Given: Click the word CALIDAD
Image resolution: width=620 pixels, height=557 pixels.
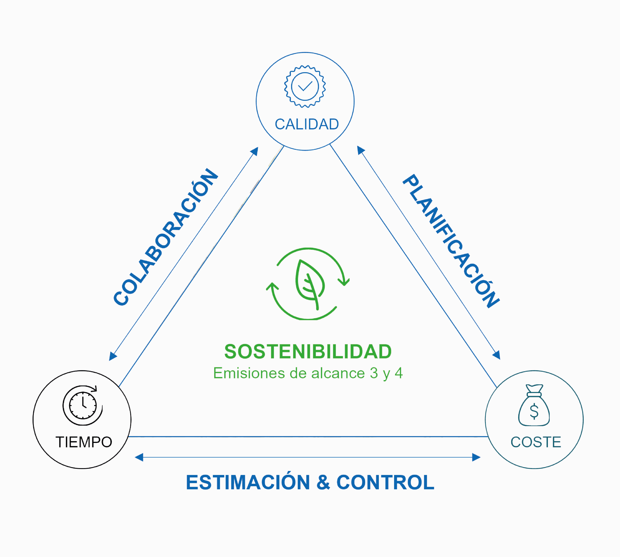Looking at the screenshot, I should pyautogui.click(x=307, y=124).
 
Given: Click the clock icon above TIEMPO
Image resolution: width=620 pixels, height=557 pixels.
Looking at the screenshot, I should pyautogui.click(x=83, y=405).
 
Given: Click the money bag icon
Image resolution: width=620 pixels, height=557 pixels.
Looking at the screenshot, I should pyautogui.click(x=534, y=405).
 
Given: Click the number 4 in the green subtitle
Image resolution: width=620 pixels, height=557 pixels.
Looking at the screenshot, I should pyautogui.click(x=398, y=373).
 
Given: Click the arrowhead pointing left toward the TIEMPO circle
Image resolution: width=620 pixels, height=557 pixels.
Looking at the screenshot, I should pyautogui.click(x=139, y=457).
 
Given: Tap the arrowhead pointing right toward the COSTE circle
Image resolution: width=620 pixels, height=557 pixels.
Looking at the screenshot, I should pyautogui.click(x=476, y=457).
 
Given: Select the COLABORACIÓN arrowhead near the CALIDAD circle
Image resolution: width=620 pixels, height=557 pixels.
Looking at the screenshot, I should pyautogui.click(x=255, y=151).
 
